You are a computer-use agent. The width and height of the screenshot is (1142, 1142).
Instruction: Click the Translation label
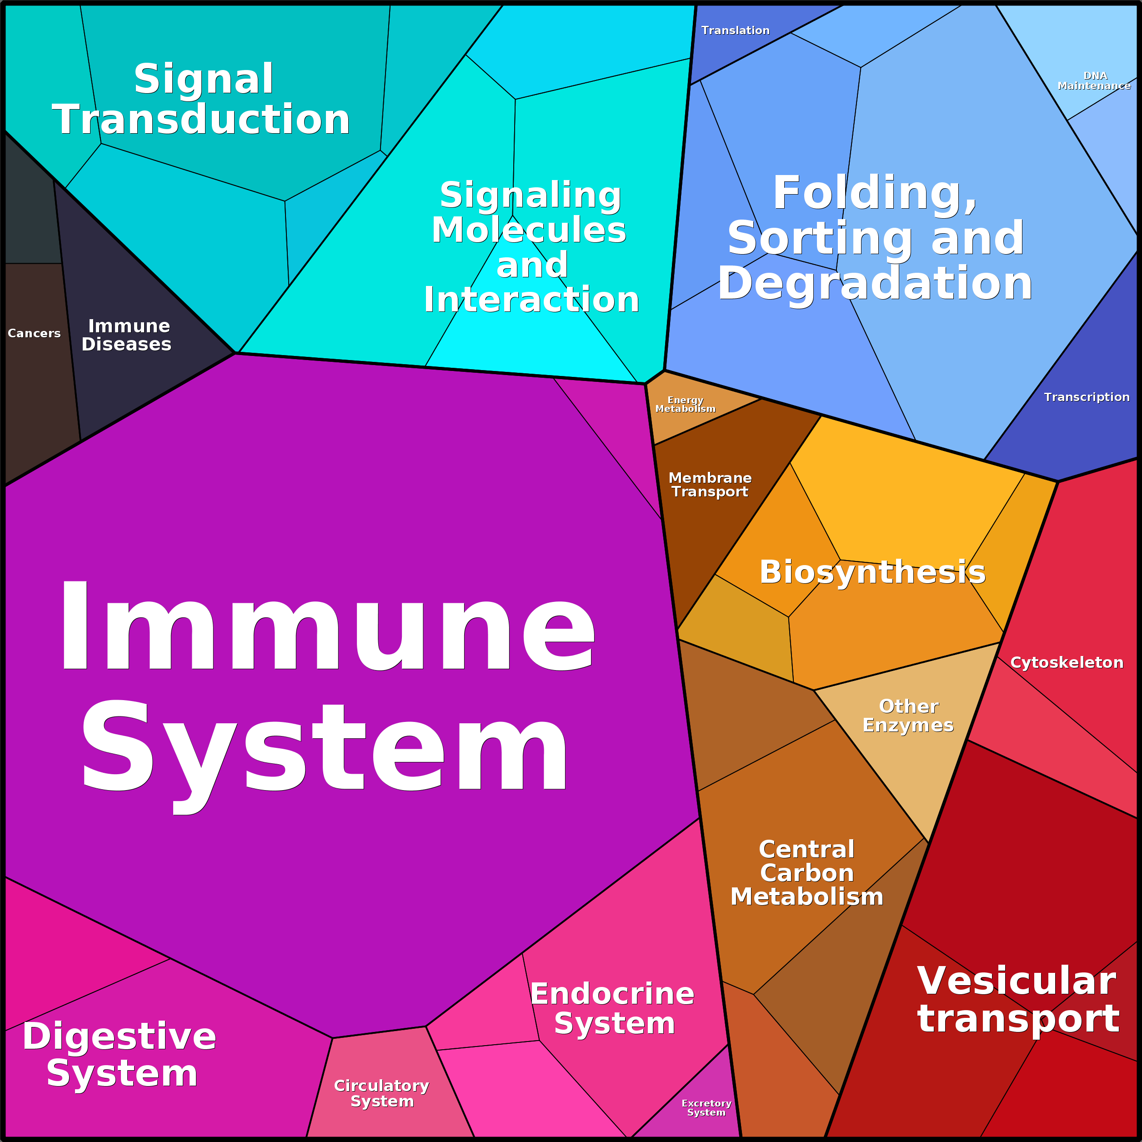[735, 30]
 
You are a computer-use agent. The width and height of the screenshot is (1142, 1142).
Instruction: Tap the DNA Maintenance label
[1094, 81]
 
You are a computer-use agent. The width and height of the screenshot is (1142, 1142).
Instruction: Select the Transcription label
[1087, 397]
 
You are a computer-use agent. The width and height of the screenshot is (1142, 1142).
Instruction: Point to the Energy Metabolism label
[685, 404]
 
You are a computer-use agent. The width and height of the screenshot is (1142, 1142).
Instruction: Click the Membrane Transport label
[710, 485]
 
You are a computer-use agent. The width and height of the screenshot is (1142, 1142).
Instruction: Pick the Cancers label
[34, 333]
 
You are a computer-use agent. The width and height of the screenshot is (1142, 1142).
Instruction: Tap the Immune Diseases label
[127, 335]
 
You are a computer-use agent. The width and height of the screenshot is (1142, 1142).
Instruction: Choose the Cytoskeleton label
[1067, 663]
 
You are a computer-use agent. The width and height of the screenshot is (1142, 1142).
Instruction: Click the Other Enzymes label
[908, 716]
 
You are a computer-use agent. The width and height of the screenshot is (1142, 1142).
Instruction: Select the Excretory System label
[706, 1108]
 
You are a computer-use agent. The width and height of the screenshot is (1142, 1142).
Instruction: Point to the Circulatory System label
[382, 1093]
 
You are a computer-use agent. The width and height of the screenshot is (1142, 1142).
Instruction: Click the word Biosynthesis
[872, 572]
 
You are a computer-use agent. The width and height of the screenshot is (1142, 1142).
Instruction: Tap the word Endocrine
[612, 994]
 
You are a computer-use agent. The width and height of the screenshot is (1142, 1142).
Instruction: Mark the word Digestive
[120, 1036]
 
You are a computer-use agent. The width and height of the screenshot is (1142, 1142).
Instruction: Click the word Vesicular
[1017, 981]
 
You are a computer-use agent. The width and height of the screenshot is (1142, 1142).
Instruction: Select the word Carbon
[807, 873]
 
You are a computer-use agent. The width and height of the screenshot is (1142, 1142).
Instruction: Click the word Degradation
[875, 283]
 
